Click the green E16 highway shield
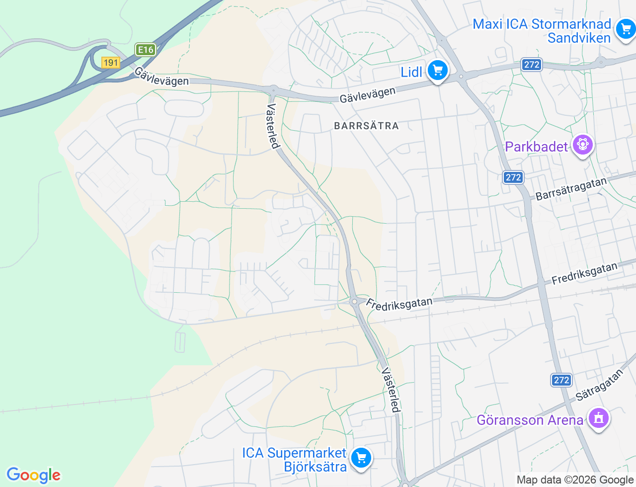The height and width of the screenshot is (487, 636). coord(146,50)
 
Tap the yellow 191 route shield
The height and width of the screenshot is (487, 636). coord(110,63)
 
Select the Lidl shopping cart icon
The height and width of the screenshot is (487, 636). coord(438,71)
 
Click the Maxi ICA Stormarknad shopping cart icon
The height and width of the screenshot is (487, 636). coord(626,29)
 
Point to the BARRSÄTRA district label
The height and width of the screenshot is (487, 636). coord(367,126)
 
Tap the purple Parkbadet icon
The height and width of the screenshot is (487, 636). coord(583,145)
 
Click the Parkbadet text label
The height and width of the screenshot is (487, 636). coord(536,147)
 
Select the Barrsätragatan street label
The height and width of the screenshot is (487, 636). coord(571,189)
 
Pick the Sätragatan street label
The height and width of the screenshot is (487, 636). coord(599,385)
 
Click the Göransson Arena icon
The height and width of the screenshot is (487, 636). coord(598,418)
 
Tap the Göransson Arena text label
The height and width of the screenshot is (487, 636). coord(530,420)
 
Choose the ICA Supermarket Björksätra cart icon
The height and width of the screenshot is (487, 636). coord(361,458)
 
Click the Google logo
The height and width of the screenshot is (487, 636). coord(34,475)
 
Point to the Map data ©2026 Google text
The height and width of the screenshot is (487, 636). coord(575,480)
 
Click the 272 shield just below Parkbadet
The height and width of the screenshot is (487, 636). coord(513,177)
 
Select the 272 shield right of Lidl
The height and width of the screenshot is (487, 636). coord(532,65)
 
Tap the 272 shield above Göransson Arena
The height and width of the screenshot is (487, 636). coord(561,380)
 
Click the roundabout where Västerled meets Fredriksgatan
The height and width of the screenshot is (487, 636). coord(354,301)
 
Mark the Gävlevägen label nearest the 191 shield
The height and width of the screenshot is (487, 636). coord(161,77)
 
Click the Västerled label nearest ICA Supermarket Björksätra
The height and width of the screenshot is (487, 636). coord(391,390)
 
